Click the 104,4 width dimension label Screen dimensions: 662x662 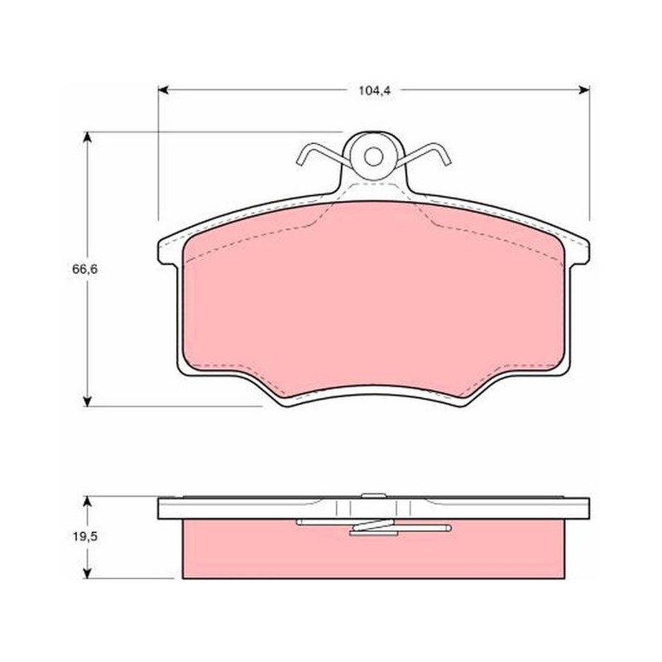coord(375,91)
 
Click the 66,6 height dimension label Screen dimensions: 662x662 coord(85,269)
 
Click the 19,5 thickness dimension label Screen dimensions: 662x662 coord(85,536)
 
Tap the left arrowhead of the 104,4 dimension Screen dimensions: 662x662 coord(163,89)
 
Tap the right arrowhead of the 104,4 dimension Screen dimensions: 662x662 coord(584,89)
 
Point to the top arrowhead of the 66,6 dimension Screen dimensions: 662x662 coord(88,137)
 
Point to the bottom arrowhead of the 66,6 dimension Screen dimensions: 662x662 coord(88,401)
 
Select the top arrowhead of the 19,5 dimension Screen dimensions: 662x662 coord(88,501)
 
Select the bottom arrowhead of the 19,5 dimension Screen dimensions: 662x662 coord(88,573)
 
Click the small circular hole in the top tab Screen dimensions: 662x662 coord(373,156)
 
